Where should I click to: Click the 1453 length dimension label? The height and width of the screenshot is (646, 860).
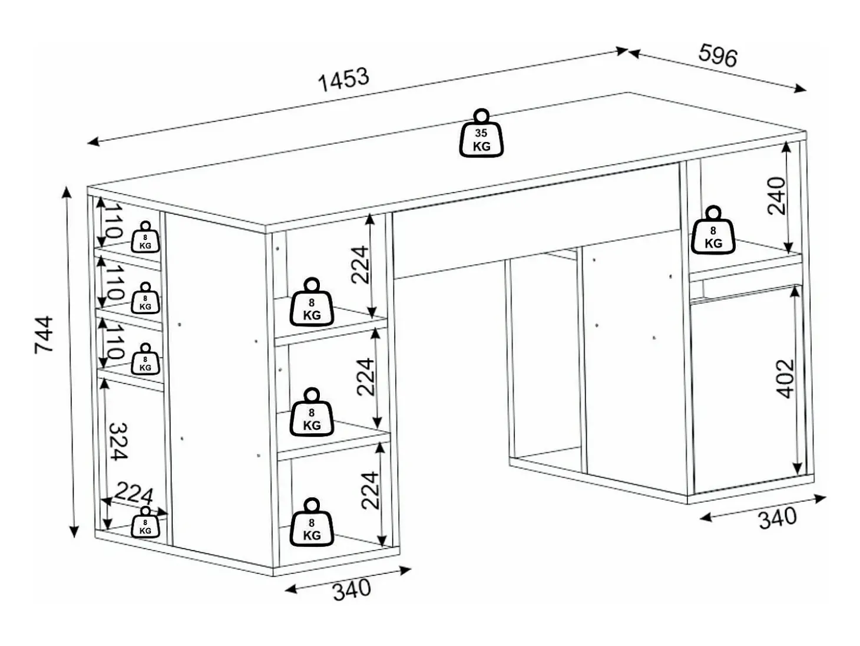point(343,80)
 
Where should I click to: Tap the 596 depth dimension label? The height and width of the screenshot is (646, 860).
point(718,56)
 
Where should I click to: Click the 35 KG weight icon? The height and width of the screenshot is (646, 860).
point(481,133)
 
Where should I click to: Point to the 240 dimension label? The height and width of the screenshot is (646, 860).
point(776,196)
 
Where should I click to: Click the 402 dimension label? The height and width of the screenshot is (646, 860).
point(785,378)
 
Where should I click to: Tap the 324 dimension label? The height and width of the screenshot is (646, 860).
point(118,441)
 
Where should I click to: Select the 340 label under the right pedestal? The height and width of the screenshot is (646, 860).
point(778,519)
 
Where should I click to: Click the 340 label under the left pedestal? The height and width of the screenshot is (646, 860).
point(352,590)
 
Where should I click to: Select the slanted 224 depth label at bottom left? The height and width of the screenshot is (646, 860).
point(134,495)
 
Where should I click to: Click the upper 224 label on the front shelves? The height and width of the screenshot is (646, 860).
point(360,265)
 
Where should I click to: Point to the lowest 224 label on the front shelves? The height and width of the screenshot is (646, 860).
point(371,490)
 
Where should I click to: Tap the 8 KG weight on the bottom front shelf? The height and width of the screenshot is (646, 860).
point(312,523)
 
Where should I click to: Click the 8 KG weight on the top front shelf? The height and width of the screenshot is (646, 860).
point(312,302)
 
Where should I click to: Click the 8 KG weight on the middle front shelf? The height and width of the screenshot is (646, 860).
point(312,412)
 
